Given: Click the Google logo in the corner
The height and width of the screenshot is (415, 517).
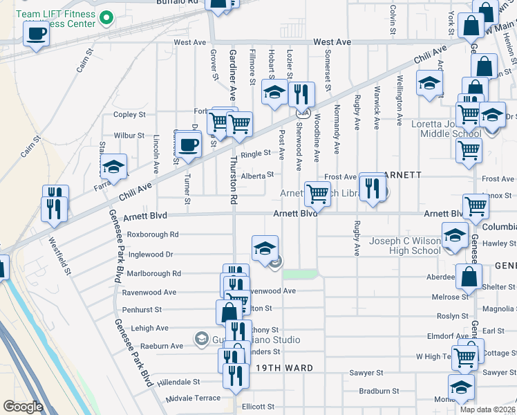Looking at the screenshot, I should [23, 406].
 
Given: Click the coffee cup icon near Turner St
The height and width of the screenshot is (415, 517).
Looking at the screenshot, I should [188, 145].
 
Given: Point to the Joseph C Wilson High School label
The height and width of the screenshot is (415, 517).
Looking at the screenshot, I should [405, 246].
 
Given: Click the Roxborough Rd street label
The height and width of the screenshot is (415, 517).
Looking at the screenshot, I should [153, 234].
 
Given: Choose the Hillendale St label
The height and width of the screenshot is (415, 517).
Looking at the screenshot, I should [178, 381].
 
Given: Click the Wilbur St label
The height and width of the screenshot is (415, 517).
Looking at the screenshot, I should [129, 136].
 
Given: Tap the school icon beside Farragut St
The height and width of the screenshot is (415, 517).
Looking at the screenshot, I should [113, 167].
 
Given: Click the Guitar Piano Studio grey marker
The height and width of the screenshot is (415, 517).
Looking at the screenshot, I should [201, 338].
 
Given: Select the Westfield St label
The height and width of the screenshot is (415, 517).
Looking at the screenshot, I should [62, 254].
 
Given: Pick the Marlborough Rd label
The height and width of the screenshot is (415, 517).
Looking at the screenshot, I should [153, 273].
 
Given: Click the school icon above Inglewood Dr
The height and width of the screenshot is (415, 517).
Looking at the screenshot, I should [265, 249].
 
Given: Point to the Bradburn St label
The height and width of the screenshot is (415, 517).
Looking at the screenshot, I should [375, 390].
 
